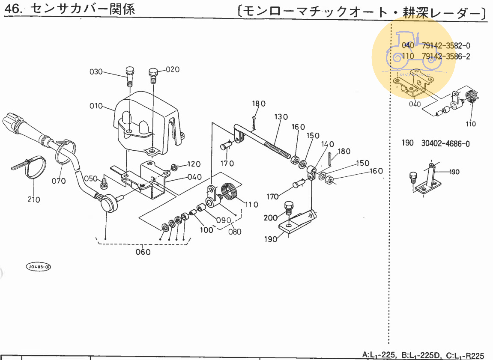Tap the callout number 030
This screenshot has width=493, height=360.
pyautogui.click(x=96, y=71)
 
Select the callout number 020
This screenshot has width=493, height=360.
pyautogui.click(x=173, y=69)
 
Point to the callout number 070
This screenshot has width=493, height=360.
pyautogui.click(x=59, y=181)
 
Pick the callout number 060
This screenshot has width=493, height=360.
pyautogui.click(x=143, y=252)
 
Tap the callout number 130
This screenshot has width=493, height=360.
pyautogui.click(x=281, y=117)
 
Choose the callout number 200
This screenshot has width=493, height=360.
pyautogui.click(x=271, y=218)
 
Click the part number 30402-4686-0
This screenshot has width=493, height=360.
pyautogui.click(x=445, y=144)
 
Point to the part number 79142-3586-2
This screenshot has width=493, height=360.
pyautogui.click(x=446, y=56)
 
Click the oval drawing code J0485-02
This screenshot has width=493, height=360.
pyautogui.click(x=39, y=267)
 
